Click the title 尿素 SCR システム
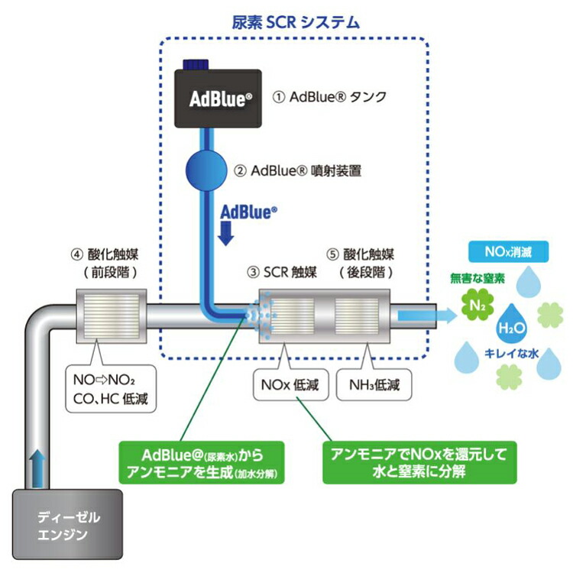(x=296, y=21)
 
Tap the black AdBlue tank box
(x=220, y=99)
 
